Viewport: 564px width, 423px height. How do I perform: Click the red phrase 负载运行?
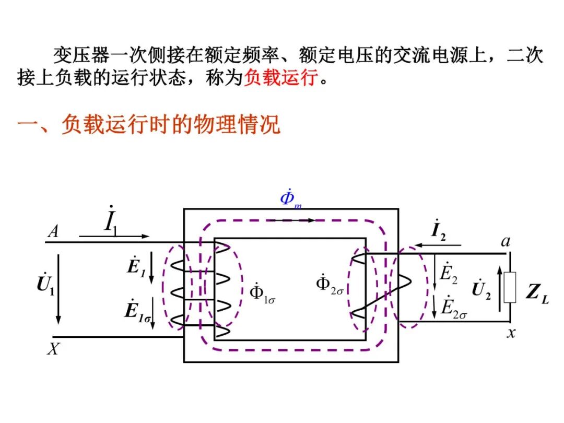(281, 78)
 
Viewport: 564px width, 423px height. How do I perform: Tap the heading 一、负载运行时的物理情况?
(149, 125)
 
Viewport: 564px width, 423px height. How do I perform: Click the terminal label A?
(53, 231)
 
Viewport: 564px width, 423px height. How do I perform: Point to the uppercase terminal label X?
(53, 349)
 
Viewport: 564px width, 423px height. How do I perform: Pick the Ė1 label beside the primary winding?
(135, 267)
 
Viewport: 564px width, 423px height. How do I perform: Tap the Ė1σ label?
(137, 310)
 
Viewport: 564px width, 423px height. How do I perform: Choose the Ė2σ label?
(453, 307)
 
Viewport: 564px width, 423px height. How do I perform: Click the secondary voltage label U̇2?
(481, 289)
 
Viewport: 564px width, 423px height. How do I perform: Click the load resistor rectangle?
(510, 287)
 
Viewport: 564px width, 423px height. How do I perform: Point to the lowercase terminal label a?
(505, 241)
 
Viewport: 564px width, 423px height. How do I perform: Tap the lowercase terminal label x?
(511, 333)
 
